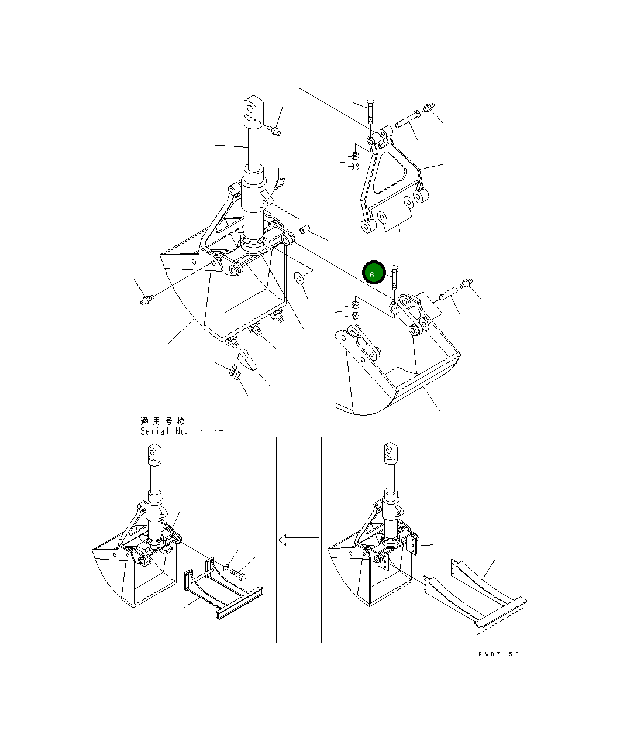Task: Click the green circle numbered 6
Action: tap(374, 273)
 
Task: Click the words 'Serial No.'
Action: tap(163, 431)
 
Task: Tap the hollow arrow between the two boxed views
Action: tap(298, 540)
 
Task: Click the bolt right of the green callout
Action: tap(394, 277)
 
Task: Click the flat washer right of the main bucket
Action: tap(298, 277)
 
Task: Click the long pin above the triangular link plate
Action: tap(408, 119)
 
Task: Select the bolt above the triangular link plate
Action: tap(370, 112)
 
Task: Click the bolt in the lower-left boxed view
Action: tap(238, 574)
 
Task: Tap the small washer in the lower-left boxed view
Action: tap(226, 566)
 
